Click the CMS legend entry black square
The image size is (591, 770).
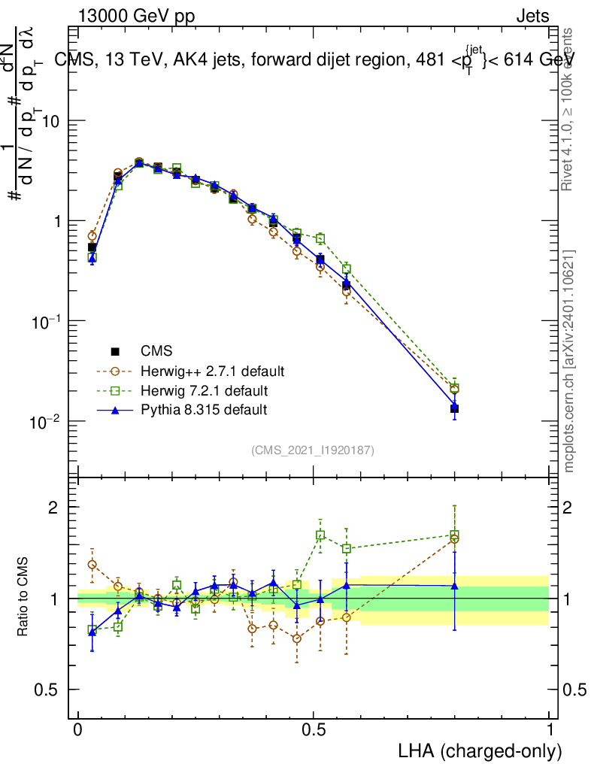(116, 351)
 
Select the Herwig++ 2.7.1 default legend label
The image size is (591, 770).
(212, 371)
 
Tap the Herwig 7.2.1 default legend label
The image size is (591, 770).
(204, 391)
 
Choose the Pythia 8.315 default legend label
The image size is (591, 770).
(203, 410)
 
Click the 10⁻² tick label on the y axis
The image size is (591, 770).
(46, 421)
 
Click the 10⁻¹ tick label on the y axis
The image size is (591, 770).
(46, 321)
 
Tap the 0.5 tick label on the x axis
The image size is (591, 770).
(314, 729)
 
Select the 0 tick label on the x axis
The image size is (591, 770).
(78, 729)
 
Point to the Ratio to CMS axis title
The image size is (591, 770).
(23, 598)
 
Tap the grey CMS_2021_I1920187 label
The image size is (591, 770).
(313, 450)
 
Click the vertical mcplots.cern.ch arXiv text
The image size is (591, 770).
(569, 361)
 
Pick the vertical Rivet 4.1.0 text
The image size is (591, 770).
(569, 109)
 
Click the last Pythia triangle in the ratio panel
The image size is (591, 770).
(454, 586)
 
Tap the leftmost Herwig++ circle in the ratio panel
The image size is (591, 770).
(92, 564)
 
